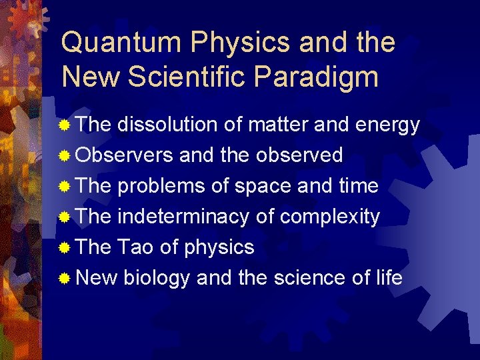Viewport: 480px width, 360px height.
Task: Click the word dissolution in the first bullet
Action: (167, 125)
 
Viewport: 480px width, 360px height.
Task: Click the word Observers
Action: (125, 155)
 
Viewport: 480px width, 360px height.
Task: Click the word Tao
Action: (136, 247)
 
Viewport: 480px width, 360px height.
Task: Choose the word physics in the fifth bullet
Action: (219, 247)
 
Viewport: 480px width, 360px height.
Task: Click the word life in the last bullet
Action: (389, 278)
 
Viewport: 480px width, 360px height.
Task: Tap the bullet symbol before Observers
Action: (65, 156)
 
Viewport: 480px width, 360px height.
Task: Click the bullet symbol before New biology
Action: (65, 279)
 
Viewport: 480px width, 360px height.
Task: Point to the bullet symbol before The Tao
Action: (65, 248)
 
